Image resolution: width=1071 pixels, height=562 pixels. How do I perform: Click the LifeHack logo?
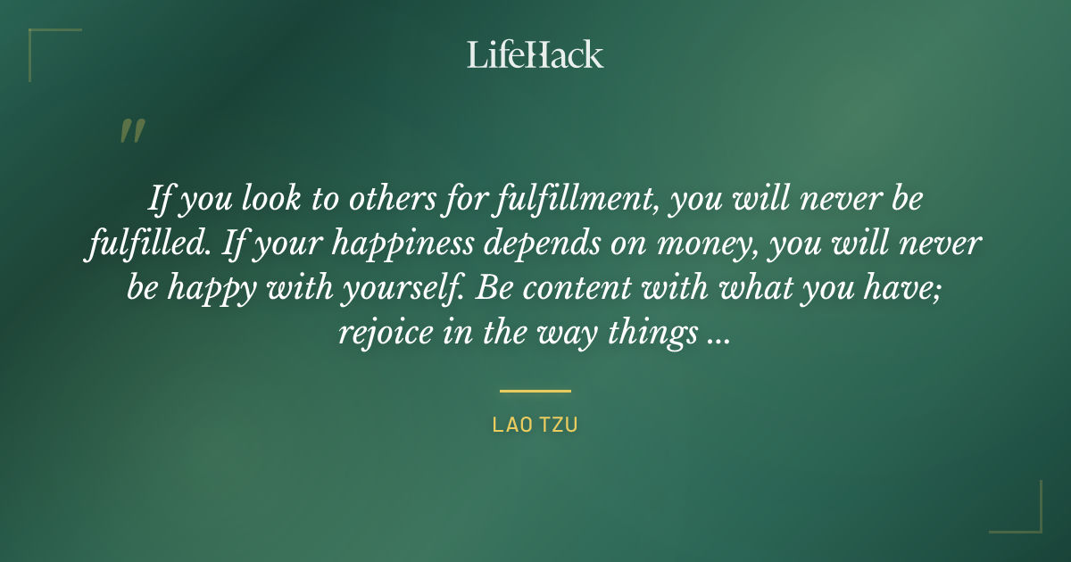pos(535,54)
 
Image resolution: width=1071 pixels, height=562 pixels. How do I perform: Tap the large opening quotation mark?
pos(132,131)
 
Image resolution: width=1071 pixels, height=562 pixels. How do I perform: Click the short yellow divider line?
pos(535,391)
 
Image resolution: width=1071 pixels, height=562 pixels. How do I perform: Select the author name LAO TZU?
pos(535,426)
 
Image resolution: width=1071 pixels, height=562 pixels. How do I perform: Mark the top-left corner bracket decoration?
pos(45,45)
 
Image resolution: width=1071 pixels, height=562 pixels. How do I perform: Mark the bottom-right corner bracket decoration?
pos(1026,517)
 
